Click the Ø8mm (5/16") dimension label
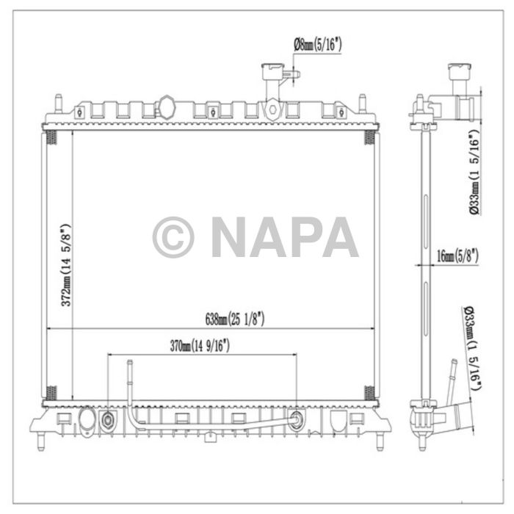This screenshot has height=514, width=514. tap(317, 46)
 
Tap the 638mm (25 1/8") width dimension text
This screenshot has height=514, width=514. tap(235, 319)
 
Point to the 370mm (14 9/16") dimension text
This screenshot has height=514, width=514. tap(200, 346)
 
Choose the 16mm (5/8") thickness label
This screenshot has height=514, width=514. tap(457, 256)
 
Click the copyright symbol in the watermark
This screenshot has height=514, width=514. tap(173, 237)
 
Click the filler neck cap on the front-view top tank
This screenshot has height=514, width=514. tap(272, 73)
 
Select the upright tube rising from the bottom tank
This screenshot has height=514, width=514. tap(128, 382)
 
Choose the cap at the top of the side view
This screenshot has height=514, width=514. tap(458, 73)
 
